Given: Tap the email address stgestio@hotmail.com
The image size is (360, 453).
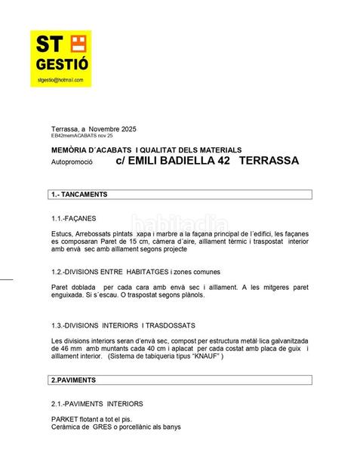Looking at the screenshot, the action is (x=60, y=79).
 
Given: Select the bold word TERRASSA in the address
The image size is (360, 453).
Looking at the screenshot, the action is (x=269, y=161).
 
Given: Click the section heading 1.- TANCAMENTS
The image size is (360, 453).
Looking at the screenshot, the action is (x=79, y=195).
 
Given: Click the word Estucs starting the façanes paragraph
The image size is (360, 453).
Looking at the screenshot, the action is (x=63, y=236).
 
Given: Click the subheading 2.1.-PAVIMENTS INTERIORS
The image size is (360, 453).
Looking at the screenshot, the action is (x=97, y=404).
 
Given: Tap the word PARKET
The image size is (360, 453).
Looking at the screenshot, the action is (x=66, y=420).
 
